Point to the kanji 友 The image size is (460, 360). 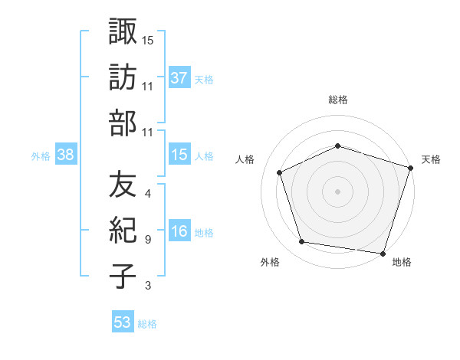point(123,184)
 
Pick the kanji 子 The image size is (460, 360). point(123,276)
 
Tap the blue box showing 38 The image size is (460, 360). point(66,155)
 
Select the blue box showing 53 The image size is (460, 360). point(123,322)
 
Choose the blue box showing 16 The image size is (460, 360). point(179,231)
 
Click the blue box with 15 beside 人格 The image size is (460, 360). point(179,155)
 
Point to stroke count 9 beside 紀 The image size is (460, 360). point(147,240)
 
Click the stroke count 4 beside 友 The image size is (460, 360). point(147,194)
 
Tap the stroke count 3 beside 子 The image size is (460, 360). point(147,286)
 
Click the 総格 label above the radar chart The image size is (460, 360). point(338,100)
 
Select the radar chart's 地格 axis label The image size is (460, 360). point(402,262)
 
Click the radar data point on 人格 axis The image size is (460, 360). point(280,172)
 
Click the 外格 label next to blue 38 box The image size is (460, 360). point(41,155)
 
